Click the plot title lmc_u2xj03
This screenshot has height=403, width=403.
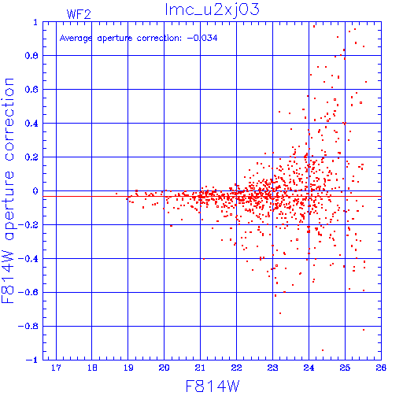click(x=212, y=10)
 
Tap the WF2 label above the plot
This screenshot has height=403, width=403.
click(x=79, y=14)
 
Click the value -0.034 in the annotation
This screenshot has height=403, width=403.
click(x=202, y=39)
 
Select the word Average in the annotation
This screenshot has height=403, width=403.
click(x=76, y=39)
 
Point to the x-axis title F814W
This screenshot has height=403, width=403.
click(x=213, y=386)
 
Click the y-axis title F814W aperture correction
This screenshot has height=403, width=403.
click(x=8, y=190)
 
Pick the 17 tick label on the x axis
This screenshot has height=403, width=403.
click(x=56, y=368)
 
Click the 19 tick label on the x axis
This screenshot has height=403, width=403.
click(x=128, y=368)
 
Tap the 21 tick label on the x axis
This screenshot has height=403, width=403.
click(x=200, y=368)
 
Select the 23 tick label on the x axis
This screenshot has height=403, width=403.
click(x=272, y=368)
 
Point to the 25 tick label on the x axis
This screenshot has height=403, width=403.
click(x=345, y=368)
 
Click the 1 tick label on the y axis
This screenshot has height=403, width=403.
click(x=35, y=22)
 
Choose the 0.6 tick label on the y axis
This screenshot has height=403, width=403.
click(x=31, y=90)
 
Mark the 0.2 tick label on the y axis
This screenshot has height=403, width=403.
click(x=31, y=157)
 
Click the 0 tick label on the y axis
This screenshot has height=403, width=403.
click(x=35, y=191)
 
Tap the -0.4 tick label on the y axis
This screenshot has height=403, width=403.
click(x=28, y=259)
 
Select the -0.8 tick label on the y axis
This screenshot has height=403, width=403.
click(x=28, y=327)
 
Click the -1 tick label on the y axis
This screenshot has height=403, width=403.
click(x=32, y=360)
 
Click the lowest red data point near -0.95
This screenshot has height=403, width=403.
click(x=323, y=350)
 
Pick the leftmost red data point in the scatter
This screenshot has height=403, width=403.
click(x=116, y=194)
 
